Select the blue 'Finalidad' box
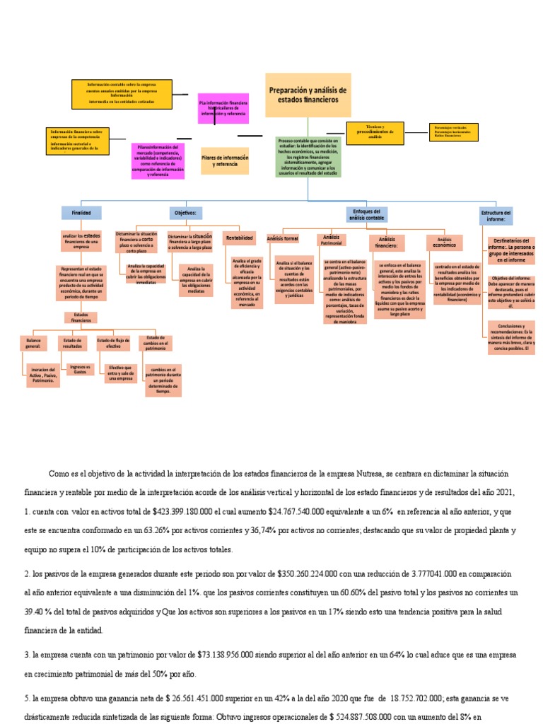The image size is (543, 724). pos(82,212)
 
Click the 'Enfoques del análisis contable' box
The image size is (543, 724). pos(366,215)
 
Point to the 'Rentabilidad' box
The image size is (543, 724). pos(239,238)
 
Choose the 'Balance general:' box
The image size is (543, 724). pos(33,343)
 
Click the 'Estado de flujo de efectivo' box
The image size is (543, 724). pos(113,343)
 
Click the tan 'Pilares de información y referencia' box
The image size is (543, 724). pos(225,160)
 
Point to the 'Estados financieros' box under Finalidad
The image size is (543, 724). pos(82,317)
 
